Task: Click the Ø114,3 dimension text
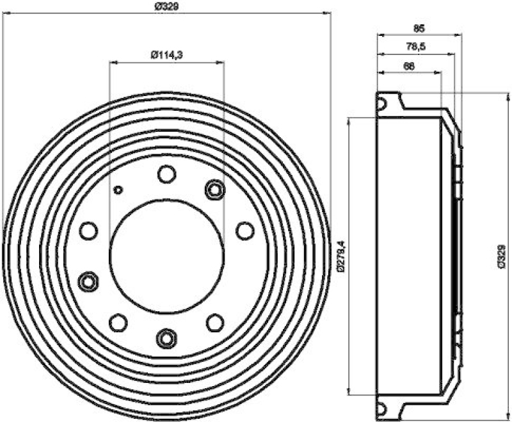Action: click(x=167, y=55)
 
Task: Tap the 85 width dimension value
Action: click(x=419, y=28)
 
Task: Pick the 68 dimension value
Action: click(x=410, y=66)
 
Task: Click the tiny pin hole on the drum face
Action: click(x=118, y=189)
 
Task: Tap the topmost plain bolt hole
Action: click(x=166, y=173)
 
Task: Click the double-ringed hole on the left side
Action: click(x=88, y=280)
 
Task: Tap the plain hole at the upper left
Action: click(x=88, y=231)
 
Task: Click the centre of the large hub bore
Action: click(x=166, y=255)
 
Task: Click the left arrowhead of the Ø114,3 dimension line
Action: click(x=113, y=62)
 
